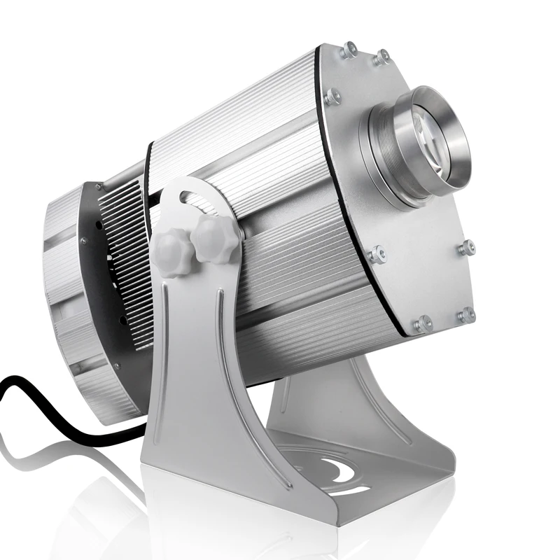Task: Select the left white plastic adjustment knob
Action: tap(171, 253)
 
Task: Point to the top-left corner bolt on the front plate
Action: tap(348, 50)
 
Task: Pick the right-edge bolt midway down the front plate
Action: tap(465, 247)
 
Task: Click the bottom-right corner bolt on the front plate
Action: tap(465, 316)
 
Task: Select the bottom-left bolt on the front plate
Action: tap(421, 323)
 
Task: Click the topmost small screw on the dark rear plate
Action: tap(99, 188)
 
